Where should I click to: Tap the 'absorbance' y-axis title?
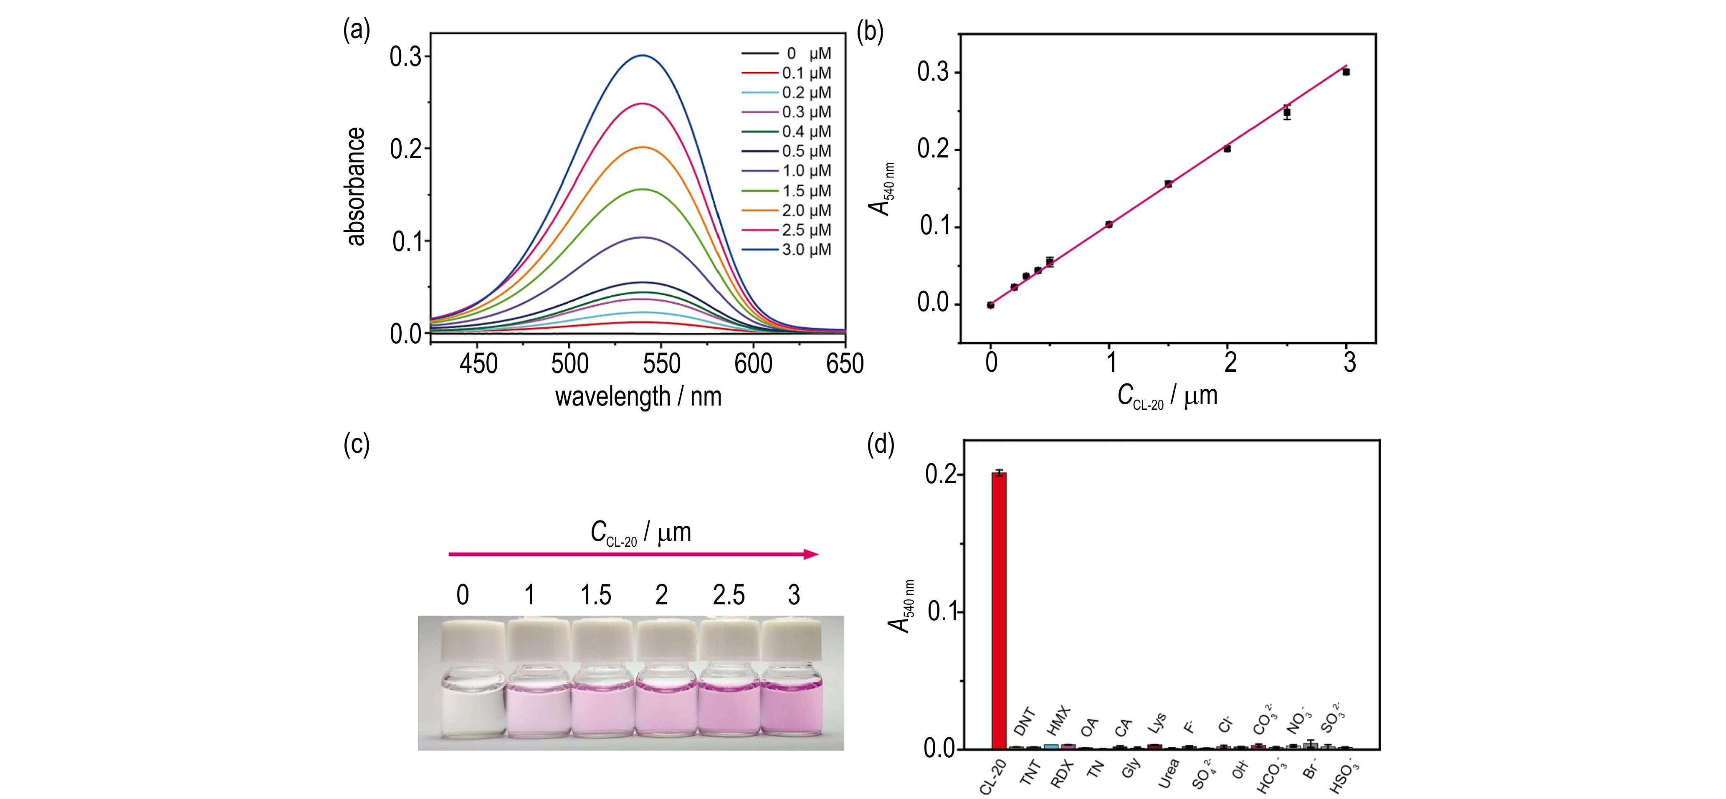click(x=356, y=186)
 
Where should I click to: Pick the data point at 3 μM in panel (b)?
click(x=1346, y=72)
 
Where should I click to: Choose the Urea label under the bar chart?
click(x=1168, y=773)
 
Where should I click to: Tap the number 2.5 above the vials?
click(x=728, y=595)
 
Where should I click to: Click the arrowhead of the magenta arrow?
click(x=812, y=554)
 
